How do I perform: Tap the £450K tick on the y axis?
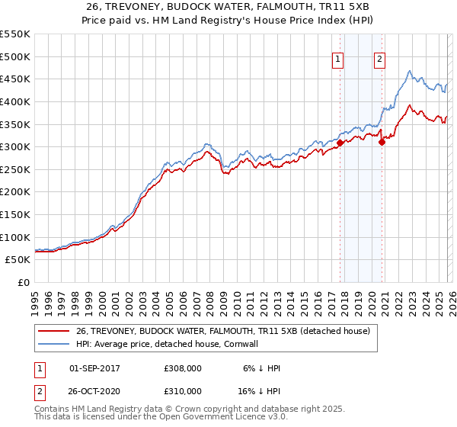[15, 79]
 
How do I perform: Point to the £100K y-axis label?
[15, 237]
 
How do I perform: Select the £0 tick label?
[24, 282]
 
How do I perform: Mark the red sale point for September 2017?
[340, 143]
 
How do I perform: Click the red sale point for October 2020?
[382, 142]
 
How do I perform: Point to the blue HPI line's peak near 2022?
[410, 72]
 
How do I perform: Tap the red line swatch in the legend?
[54, 331]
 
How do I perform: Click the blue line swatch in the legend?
[54, 344]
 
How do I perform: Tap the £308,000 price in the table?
[183, 368]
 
